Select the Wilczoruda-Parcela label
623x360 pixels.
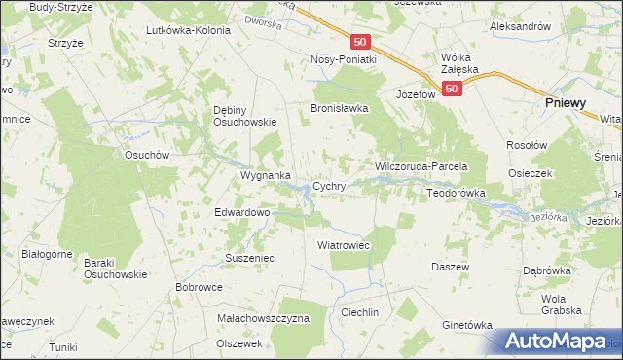tap(422, 167)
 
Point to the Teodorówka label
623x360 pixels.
tap(456, 193)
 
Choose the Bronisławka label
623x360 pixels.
tap(339, 108)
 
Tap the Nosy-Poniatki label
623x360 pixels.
tap(344, 58)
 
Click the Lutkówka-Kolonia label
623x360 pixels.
tap(188, 30)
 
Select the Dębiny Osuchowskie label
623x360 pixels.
tap(245, 116)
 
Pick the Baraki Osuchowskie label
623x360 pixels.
tap(114, 268)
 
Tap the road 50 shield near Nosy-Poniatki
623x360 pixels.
tap(361, 42)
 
